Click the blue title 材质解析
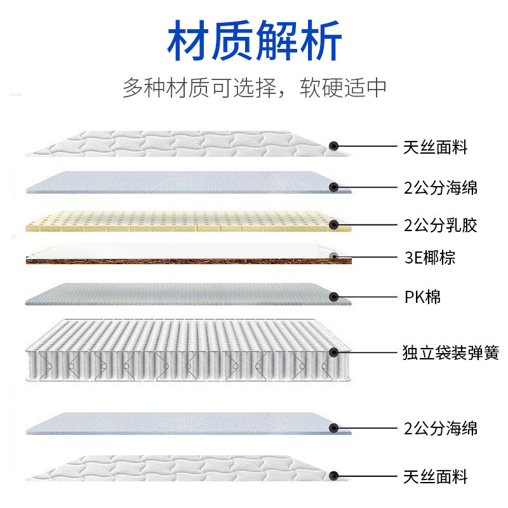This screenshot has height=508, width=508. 254,43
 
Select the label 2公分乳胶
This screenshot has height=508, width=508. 440,225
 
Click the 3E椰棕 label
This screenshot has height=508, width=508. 429,257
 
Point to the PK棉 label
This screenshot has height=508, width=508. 422,297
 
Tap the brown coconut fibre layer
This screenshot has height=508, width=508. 184,260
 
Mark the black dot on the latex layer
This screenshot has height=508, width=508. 334,224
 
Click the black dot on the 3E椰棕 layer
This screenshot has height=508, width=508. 334,257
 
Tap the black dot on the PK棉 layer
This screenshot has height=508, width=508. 334,297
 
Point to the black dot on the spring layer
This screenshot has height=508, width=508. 334,351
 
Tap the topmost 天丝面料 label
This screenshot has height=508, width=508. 435,148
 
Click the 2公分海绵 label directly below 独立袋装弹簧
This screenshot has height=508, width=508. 440,428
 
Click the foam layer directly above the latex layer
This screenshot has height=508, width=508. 184,183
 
